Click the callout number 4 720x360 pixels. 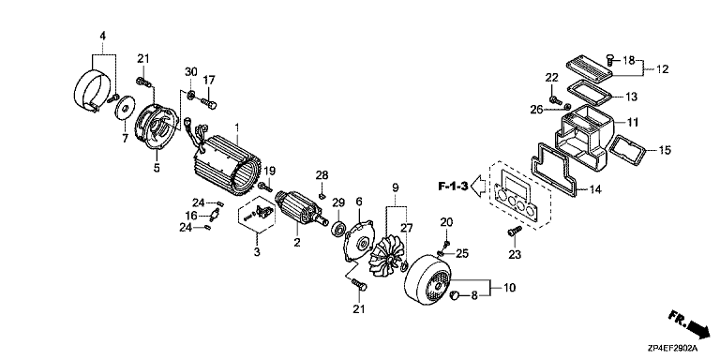tap(103, 36)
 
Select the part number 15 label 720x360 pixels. tap(665, 150)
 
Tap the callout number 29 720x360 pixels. tap(338, 202)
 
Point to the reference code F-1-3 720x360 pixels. tap(453, 187)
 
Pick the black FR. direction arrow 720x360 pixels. tap(690, 322)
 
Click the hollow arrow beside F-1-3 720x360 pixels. tap(479, 187)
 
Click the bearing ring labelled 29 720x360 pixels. tap(338, 228)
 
